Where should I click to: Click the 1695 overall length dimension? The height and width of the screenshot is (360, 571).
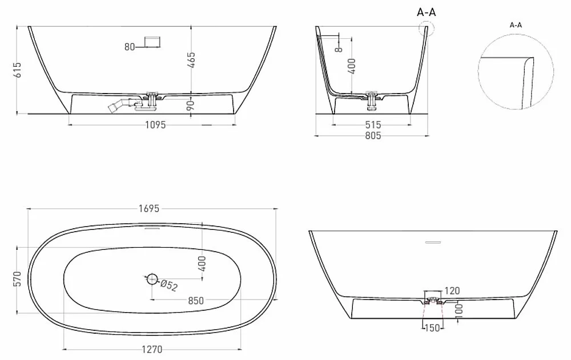(x=149, y=209)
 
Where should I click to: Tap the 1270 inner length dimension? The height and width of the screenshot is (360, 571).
(x=152, y=349)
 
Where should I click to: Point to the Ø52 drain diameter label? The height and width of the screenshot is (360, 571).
(x=169, y=285)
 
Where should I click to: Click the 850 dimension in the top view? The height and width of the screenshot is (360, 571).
(x=196, y=301)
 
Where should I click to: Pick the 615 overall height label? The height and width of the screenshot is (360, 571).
(x=17, y=70)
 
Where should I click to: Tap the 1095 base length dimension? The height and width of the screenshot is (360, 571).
(x=155, y=125)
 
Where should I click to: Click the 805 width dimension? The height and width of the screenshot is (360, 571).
(x=373, y=136)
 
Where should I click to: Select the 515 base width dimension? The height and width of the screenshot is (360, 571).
(x=373, y=125)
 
